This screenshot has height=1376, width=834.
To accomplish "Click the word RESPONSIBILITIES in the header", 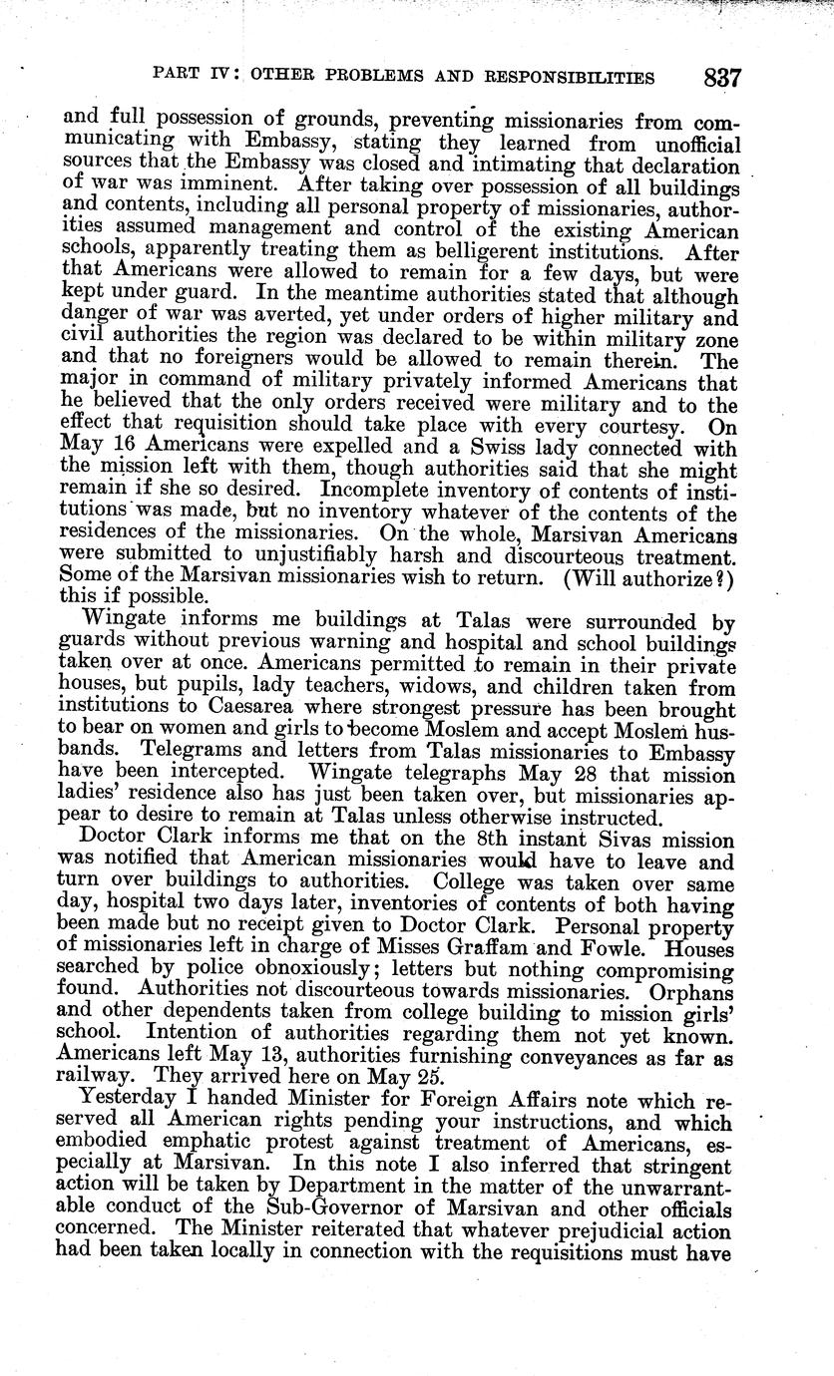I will pyautogui.click(x=563, y=77).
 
